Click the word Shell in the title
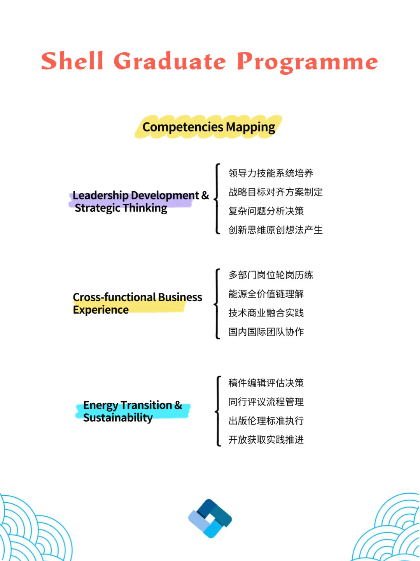click(x=72, y=61)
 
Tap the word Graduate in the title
click(x=170, y=61)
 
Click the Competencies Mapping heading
click(x=209, y=127)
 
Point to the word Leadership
click(x=100, y=195)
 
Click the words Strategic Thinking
click(x=121, y=208)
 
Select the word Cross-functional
click(x=114, y=297)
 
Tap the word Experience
click(x=101, y=310)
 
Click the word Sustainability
click(x=118, y=418)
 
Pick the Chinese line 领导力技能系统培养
click(x=271, y=173)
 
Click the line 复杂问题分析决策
click(x=266, y=211)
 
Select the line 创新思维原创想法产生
click(x=275, y=230)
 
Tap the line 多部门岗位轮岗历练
click(x=271, y=275)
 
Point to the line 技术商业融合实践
click(x=266, y=313)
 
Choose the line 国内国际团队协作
click(x=266, y=332)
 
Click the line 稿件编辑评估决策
click(x=266, y=383)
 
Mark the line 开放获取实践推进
click(x=266, y=440)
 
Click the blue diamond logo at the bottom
click(x=210, y=519)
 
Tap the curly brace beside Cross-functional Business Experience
click(x=217, y=304)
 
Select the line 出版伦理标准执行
click(x=266, y=421)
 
